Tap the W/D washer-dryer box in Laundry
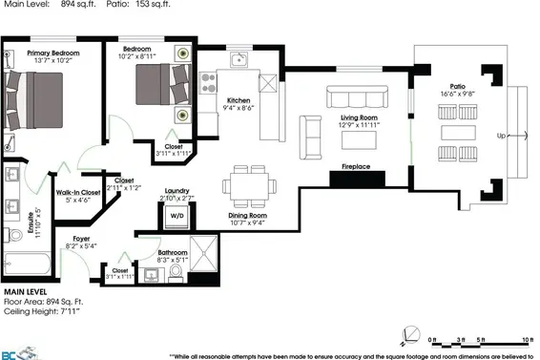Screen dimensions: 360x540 177,215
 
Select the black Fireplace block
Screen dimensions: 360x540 356,178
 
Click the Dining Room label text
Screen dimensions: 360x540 246,216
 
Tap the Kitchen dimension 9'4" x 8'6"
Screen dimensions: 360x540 239,109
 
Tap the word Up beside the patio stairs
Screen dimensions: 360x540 502,137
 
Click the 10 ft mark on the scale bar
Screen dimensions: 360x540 527,341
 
